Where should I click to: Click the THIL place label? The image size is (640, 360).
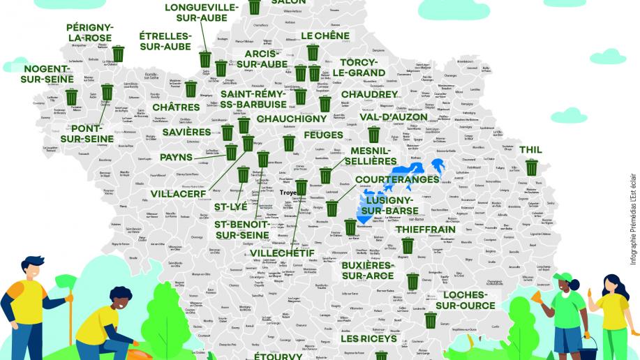pos(530,150)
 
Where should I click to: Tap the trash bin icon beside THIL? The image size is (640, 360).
pos(532,167)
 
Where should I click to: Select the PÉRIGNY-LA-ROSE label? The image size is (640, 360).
pos(90,33)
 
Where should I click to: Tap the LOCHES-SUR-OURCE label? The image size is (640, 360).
pos(465,300)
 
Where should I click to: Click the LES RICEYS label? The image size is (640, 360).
pos(369,338)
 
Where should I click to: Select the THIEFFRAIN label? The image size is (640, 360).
pos(425,229)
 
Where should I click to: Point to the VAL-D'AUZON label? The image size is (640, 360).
pos(393,117)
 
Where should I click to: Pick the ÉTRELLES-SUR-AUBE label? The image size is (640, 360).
pos(165,40)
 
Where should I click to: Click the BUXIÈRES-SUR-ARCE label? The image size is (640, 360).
pos(368,271)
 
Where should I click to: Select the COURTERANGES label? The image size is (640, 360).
pos(397,179)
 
